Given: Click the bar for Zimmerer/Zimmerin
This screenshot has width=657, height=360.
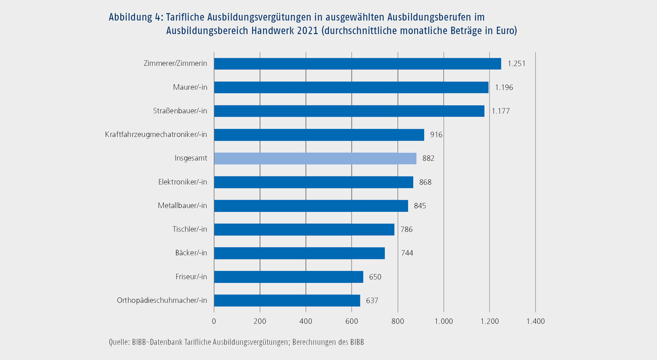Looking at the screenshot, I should click(x=357, y=64).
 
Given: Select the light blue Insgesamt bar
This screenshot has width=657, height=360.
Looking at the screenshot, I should click(x=315, y=158).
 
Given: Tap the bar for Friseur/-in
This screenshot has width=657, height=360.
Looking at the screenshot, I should click(x=288, y=277).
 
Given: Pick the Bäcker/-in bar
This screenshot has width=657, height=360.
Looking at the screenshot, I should click(x=299, y=253).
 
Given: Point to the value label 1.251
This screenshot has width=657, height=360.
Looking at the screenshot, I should click(x=516, y=64).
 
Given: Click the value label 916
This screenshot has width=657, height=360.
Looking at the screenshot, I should click(x=436, y=135).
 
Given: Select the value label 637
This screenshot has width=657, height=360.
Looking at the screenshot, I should click(x=372, y=300).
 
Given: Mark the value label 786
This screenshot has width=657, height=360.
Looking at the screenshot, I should click(x=407, y=229).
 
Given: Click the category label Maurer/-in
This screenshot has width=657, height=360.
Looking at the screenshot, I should click(x=190, y=87).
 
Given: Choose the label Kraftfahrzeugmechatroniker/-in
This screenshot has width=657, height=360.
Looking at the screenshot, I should click(x=156, y=135).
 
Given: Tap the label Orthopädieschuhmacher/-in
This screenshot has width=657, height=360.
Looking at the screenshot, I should click(x=162, y=300).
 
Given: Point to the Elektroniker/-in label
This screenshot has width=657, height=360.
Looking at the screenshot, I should click(x=183, y=182).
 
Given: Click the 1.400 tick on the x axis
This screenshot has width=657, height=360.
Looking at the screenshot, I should click(x=535, y=321).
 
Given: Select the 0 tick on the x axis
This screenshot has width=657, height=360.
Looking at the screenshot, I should click(x=214, y=321).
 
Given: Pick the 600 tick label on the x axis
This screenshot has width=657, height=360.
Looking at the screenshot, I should click(x=351, y=321).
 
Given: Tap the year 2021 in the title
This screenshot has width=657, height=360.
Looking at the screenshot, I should click(x=307, y=31).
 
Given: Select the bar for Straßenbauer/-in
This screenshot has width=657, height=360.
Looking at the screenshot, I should click(x=349, y=111).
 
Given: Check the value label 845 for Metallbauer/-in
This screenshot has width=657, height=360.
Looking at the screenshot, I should click(x=420, y=206).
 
